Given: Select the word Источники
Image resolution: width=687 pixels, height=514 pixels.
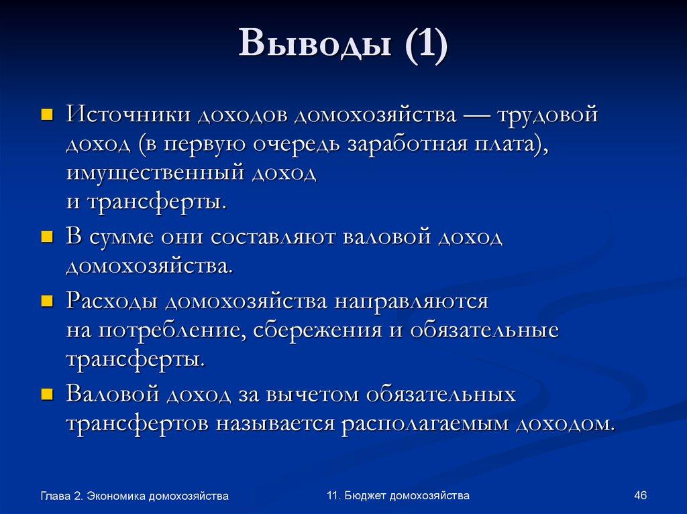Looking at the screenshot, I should pos(127,115).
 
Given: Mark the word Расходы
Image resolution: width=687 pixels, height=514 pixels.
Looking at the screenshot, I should pos(112,301).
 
